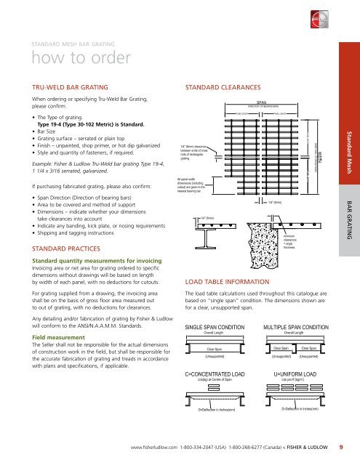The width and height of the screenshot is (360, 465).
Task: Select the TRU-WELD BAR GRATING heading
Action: click(66, 85)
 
